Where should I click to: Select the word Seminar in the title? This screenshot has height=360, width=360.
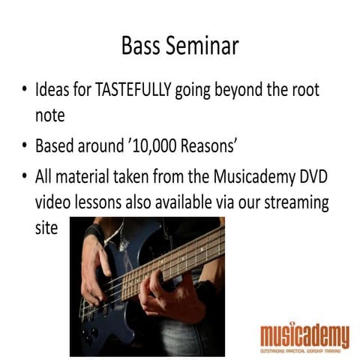click(200, 46)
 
